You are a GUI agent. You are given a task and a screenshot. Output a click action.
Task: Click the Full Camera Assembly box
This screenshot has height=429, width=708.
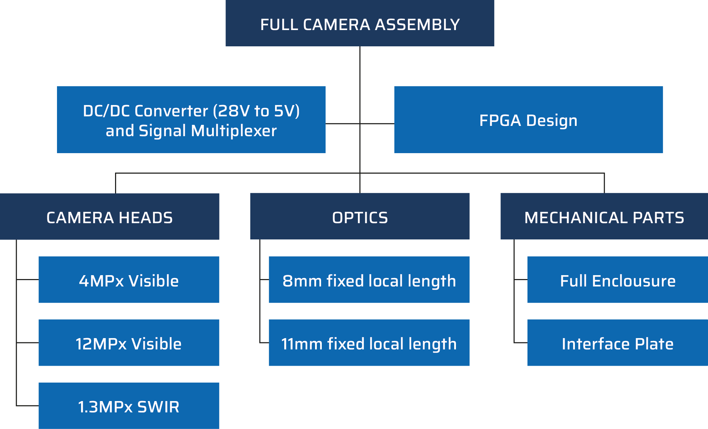360,23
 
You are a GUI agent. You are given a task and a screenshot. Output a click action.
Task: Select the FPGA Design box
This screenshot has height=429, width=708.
528,120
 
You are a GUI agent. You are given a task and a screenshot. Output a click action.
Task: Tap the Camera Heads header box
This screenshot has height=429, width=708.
110,216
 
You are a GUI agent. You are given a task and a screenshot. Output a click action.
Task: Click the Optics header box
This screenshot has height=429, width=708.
360,216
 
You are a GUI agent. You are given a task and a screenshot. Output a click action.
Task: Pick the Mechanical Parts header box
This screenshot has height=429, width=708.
604,216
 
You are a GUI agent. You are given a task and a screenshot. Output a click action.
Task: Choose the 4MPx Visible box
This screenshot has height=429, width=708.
129,280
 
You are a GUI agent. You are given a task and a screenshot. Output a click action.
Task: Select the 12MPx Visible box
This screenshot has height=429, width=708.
129,343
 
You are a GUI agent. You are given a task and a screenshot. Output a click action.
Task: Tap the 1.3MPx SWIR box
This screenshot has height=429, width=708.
129,406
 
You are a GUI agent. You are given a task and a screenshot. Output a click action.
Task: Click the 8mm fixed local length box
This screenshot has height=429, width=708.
369,280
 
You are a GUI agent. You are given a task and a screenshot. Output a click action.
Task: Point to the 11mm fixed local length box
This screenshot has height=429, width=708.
369,343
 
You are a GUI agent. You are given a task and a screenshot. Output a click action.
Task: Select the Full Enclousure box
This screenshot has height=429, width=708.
617,280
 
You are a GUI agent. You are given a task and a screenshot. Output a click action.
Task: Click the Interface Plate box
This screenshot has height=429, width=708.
617,343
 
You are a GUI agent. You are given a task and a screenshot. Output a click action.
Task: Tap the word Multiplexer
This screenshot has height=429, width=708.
234,131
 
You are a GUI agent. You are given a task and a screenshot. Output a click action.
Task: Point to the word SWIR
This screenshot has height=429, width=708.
158,407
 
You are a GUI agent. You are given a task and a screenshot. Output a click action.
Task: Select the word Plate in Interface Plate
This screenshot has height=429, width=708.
654,344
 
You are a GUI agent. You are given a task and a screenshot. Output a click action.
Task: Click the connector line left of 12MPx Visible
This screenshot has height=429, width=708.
27,342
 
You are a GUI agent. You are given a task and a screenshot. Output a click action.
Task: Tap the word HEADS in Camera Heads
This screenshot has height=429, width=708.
145,218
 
